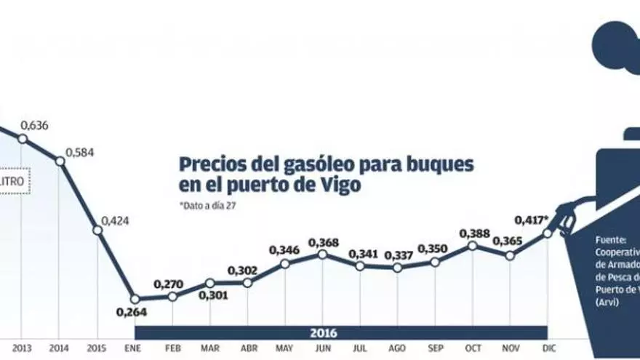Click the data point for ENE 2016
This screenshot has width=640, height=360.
[x=135, y=298]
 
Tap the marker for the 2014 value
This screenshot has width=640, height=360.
[x=60, y=161]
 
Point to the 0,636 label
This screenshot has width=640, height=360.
[x=35, y=125]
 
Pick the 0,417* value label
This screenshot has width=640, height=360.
[x=529, y=219]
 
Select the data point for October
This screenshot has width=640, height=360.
[x=472, y=246]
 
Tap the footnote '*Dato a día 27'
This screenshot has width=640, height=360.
[x=207, y=206]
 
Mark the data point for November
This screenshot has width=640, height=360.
[x=510, y=255]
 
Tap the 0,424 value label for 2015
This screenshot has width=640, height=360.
[x=115, y=220]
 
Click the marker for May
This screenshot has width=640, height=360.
[x=284, y=263]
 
